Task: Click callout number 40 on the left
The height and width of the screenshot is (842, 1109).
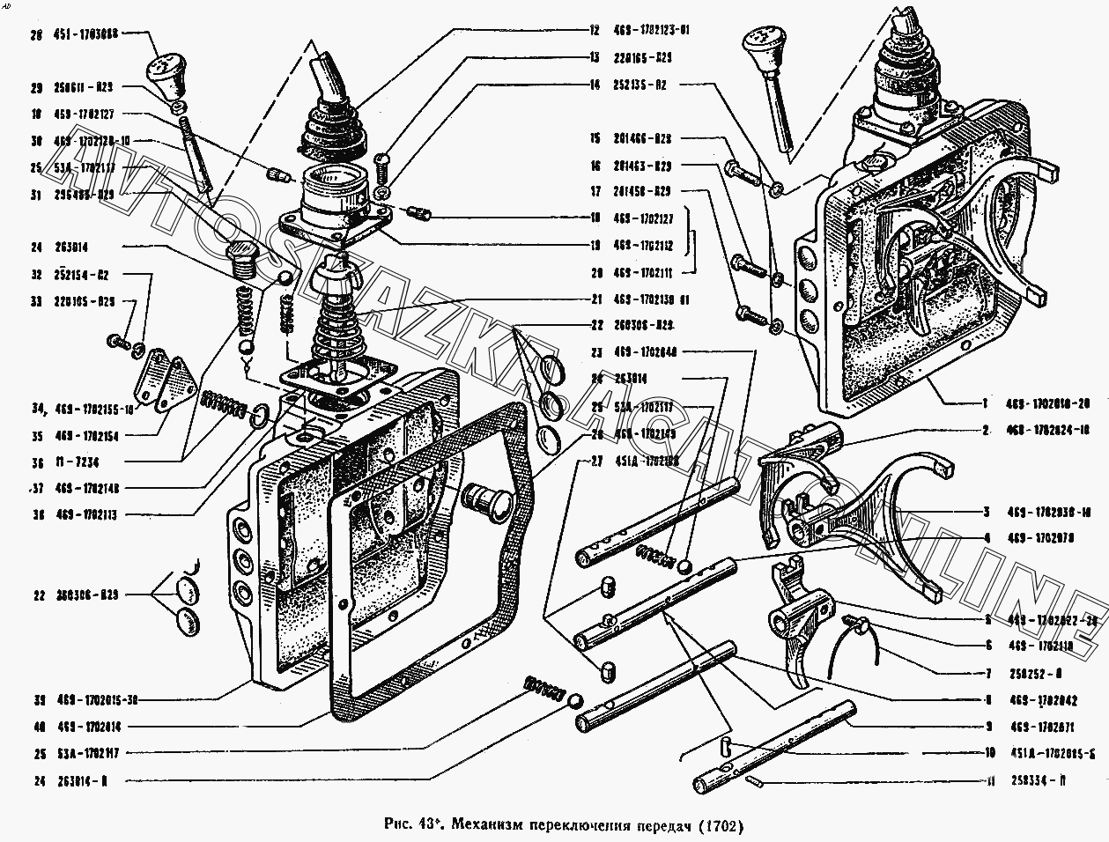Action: [36, 727]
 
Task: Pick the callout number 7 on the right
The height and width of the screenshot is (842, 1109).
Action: [987, 674]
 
